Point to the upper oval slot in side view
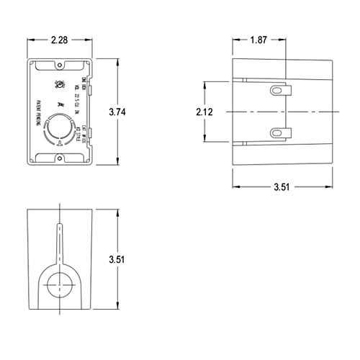pyautogui.click(x=277, y=90)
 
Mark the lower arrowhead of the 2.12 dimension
pyautogui.click(x=207, y=140)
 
